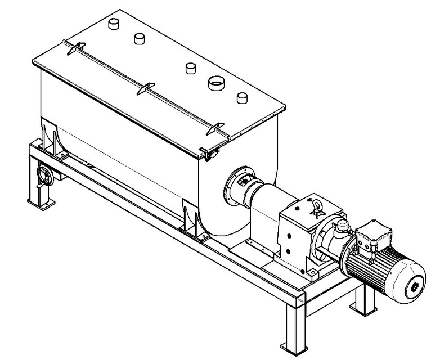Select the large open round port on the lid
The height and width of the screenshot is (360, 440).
(x=215, y=83)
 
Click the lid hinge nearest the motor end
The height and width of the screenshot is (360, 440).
(x=213, y=129)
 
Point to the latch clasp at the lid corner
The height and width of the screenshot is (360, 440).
(x=208, y=153)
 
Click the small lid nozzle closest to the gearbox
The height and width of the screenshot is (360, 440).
(x=243, y=97)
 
